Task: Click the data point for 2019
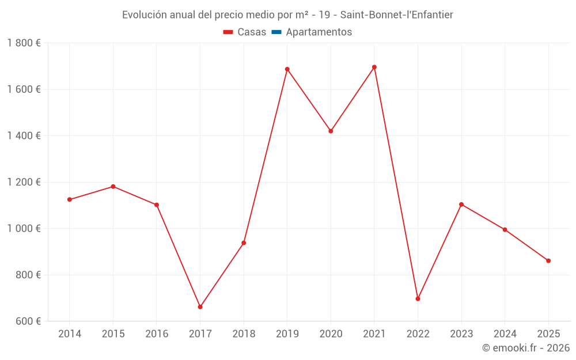[x=287, y=69]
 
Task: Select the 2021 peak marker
[x=374, y=67]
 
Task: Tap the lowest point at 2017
[x=200, y=307]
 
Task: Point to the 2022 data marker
[x=418, y=299]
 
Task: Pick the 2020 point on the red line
[x=331, y=131]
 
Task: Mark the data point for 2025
[x=548, y=261]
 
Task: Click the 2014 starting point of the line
[x=70, y=200]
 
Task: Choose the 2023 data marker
[x=461, y=204]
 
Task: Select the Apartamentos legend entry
[x=319, y=32]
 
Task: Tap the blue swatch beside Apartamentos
[x=276, y=32]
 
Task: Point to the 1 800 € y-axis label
[x=24, y=43]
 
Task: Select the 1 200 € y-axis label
[x=24, y=182]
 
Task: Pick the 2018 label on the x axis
[x=244, y=334]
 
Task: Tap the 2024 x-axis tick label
[x=505, y=334]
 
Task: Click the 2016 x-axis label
[x=157, y=334]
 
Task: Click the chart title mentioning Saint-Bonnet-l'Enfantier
[x=287, y=15]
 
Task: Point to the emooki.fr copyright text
[x=526, y=348]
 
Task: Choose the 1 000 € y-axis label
[x=24, y=228]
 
